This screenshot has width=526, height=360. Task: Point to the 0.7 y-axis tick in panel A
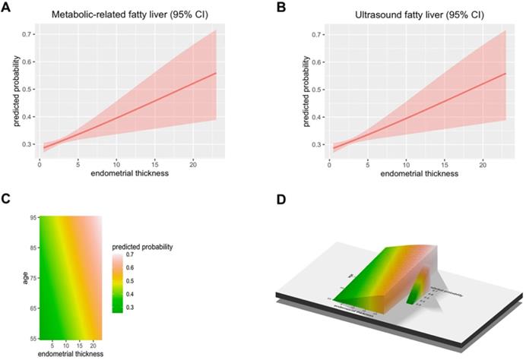(x=27, y=35)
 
